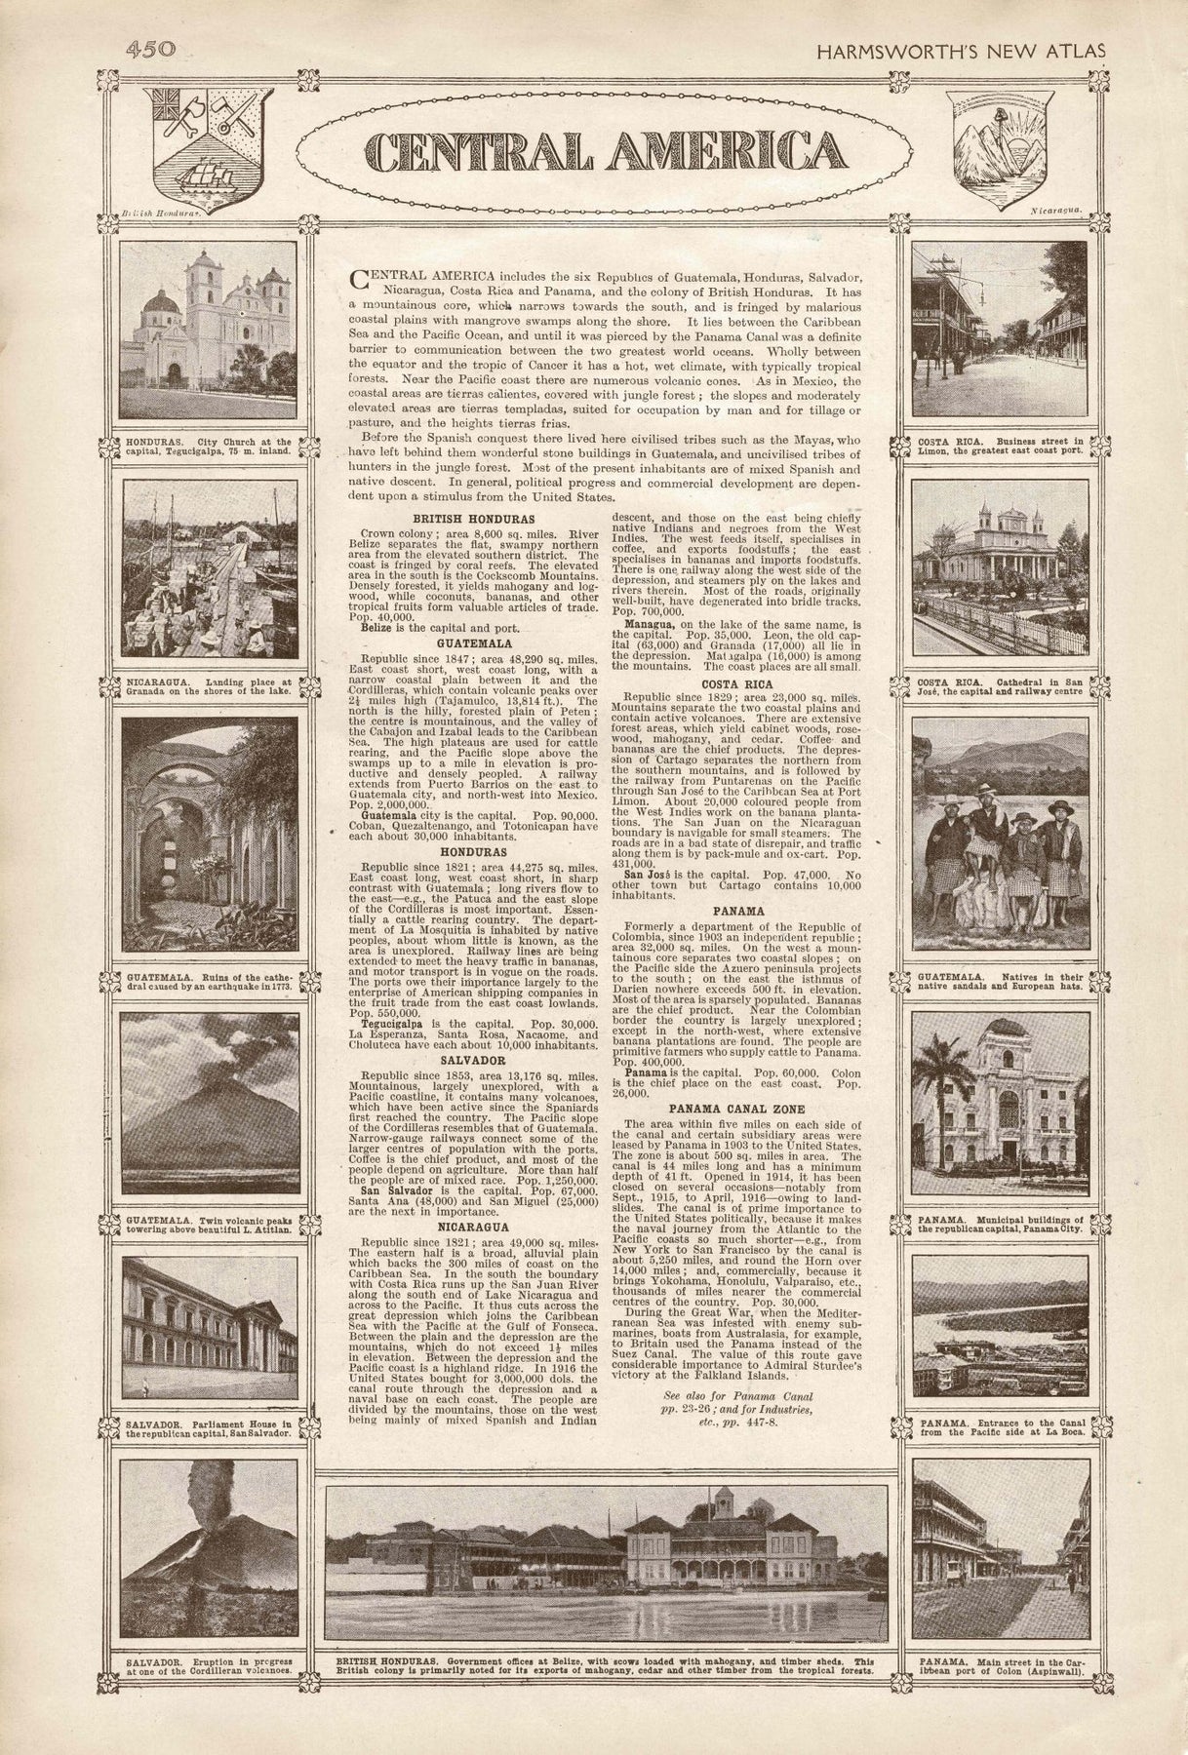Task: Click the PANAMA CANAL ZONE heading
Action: [736, 1109]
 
